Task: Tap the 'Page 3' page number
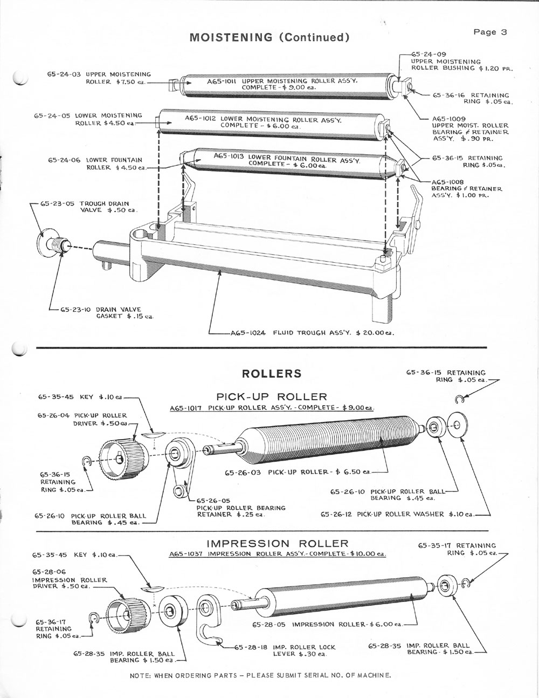(490, 32)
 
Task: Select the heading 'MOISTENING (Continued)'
(267, 37)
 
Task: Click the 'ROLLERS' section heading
(272, 374)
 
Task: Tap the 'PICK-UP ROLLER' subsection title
(272, 397)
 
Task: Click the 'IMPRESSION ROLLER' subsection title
(278, 543)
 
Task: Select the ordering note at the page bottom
(260, 675)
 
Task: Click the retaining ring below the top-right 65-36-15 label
(459, 399)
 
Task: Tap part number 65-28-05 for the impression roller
(271, 625)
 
